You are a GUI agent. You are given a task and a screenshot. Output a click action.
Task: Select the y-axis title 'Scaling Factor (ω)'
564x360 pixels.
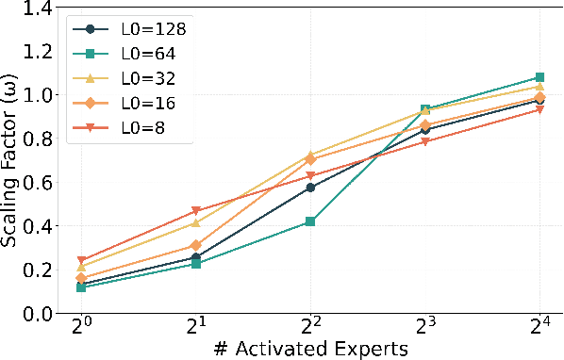coord(11,160)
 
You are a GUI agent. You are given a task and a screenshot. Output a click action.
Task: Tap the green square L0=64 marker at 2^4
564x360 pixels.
coord(539,77)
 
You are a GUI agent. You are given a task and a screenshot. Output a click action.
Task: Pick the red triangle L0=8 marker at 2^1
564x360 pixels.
coord(196,211)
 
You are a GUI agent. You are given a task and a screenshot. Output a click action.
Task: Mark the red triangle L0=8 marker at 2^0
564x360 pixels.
coord(82,260)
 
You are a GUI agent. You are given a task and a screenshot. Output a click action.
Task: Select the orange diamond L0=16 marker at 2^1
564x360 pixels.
coord(196,245)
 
